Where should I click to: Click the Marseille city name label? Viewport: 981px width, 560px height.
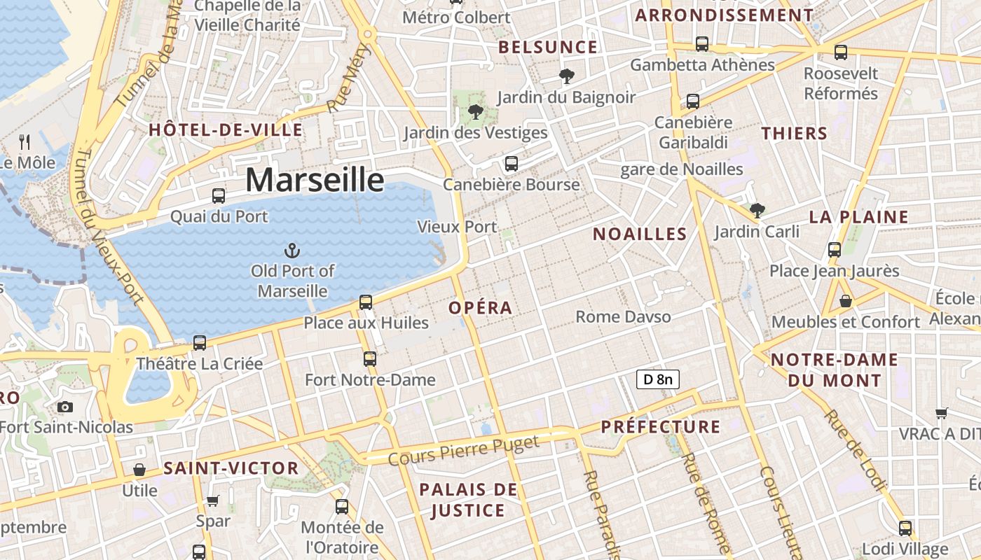point(315,180)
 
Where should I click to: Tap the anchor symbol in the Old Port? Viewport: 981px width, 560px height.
point(291,250)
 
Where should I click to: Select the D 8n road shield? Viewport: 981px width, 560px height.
point(658,379)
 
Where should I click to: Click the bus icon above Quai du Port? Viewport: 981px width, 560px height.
point(219,196)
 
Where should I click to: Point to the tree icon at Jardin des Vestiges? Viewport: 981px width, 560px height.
point(476,111)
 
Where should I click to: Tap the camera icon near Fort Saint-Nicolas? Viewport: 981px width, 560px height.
point(65,407)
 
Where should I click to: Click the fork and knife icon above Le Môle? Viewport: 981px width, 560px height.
point(25,142)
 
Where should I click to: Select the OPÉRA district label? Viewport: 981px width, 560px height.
point(481,308)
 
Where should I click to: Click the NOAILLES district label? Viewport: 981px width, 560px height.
point(640,234)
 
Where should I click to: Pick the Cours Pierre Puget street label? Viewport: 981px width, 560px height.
point(464,451)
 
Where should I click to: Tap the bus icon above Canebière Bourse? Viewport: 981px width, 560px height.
point(512,164)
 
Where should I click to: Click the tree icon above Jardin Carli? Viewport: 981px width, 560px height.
point(757,210)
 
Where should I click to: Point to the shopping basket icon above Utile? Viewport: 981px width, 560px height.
point(139,470)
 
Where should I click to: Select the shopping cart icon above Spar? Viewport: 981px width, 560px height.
point(213,500)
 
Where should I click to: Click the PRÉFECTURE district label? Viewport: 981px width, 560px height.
point(660,427)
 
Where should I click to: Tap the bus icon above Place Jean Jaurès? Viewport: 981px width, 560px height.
point(834,249)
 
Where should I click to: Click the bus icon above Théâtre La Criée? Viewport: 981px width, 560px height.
point(200,343)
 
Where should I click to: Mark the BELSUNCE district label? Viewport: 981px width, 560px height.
point(548,48)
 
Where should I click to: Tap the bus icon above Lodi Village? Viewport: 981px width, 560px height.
point(905,528)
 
